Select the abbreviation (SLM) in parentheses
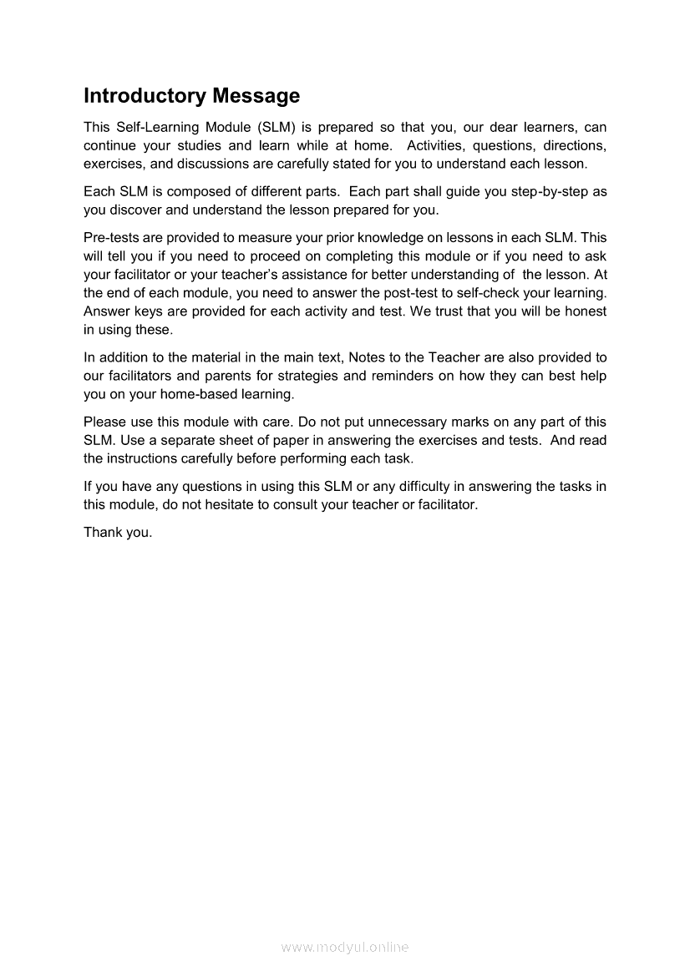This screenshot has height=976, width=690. click(279, 128)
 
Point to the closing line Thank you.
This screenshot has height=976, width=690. click(118, 533)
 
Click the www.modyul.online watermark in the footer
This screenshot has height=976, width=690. click(345, 947)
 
